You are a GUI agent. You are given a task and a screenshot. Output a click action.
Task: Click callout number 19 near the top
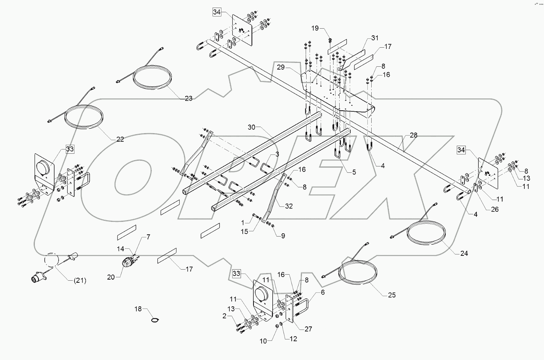click(x=315, y=28)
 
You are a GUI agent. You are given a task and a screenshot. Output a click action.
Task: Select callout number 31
click(x=375, y=38)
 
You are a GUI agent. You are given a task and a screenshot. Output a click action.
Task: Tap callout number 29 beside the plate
click(x=281, y=67)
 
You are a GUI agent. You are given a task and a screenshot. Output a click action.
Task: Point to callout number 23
click(x=188, y=98)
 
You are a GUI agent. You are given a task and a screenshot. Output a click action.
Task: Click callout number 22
click(x=120, y=139)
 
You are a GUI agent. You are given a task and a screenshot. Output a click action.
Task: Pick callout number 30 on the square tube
click(x=252, y=127)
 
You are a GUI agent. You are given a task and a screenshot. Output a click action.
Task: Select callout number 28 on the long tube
click(x=413, y=135)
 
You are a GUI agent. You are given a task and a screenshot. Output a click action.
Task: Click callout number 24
click(x=464, y=253)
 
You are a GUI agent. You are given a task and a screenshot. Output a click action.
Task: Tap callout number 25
click(x=392, y=295)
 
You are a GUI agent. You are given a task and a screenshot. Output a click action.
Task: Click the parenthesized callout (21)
click(x=80, y=280)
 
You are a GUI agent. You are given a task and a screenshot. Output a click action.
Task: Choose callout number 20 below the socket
click(x=111, y=277)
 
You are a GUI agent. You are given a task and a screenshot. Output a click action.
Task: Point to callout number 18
click(x=138, y=309)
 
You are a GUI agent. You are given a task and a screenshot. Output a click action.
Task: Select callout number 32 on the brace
click(x=289, y=206)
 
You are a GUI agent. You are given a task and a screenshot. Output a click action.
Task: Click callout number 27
click(x=308, y=329)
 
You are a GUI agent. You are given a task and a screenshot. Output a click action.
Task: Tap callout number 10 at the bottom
click(x=263, y=341)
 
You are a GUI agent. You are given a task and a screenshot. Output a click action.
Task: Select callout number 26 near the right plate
click(x=495, y=209)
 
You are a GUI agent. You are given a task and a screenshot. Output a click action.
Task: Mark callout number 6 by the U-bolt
click(x=323, y=292)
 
